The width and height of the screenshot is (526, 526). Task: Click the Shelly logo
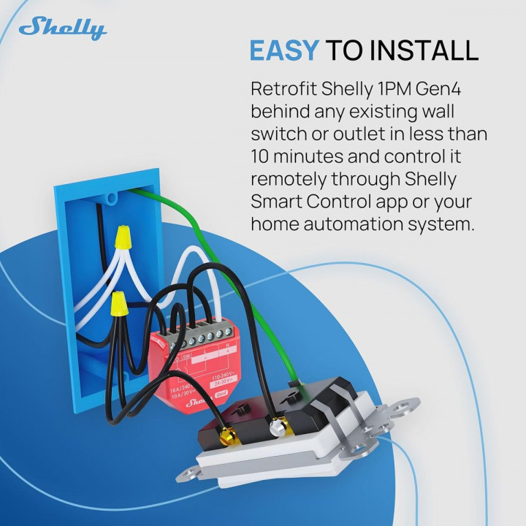coord(63,29)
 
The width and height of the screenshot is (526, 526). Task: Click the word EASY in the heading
coord(283,50)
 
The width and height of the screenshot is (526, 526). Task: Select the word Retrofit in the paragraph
coord(284,89)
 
